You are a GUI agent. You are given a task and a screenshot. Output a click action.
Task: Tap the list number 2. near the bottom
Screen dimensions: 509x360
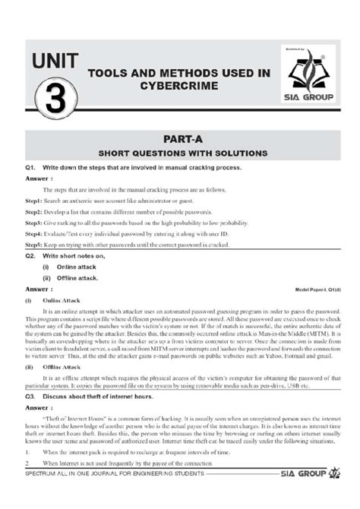tap(27, 484)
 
